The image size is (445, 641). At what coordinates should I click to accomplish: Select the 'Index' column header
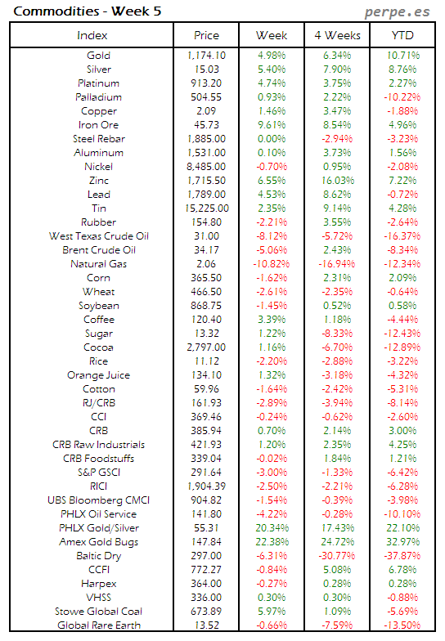(x=92, y=35)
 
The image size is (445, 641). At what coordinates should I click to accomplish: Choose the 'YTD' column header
(x=402, y=35)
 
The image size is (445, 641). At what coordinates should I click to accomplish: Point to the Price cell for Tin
(x=206, y=208)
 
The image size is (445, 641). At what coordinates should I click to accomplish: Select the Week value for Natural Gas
(x=271, y=264)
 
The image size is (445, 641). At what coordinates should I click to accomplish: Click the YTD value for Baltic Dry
(x=402, y=556)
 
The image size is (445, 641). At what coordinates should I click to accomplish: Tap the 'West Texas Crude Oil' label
(x=92, y=236)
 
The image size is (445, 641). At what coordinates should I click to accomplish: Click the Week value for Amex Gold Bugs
(x=271, y=542)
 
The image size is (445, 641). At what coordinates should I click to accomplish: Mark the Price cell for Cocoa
(x=206, y=347)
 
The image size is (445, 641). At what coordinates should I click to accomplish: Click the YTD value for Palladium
(x=402, y=97)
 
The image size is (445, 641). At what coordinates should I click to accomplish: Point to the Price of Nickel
(x=206, y=167)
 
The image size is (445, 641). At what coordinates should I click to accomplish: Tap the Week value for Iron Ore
(x=271, y=125)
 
